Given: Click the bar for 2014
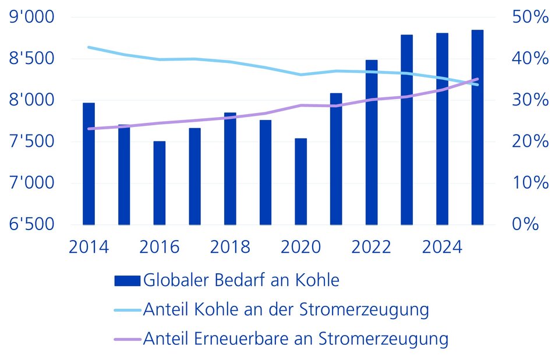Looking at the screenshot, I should pyautogui.click(x=89, y=164).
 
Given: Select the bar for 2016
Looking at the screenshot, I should pyautogui.click(x=160, y=183).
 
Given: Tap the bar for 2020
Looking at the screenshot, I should pyautogui.click(x=300, y=181).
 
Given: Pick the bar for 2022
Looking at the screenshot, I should pyautogui.click(x=372, y=142).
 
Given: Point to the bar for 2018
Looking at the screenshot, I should pyautogui.click(x=230, y=168).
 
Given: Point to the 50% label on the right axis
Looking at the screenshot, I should pyautogui.click(x=530, y=17).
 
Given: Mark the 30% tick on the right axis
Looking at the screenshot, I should pyautogui.click(x=530, y=100).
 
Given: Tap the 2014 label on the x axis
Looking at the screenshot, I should pyautogui.click(x=89, y=246).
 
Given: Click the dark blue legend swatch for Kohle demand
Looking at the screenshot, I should pyautogui.click(x=127, y=280).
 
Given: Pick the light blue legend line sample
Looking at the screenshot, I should pyautogui.click(x=127, y=309).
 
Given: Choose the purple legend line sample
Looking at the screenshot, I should pyautogui.click(x=127, y=338).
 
